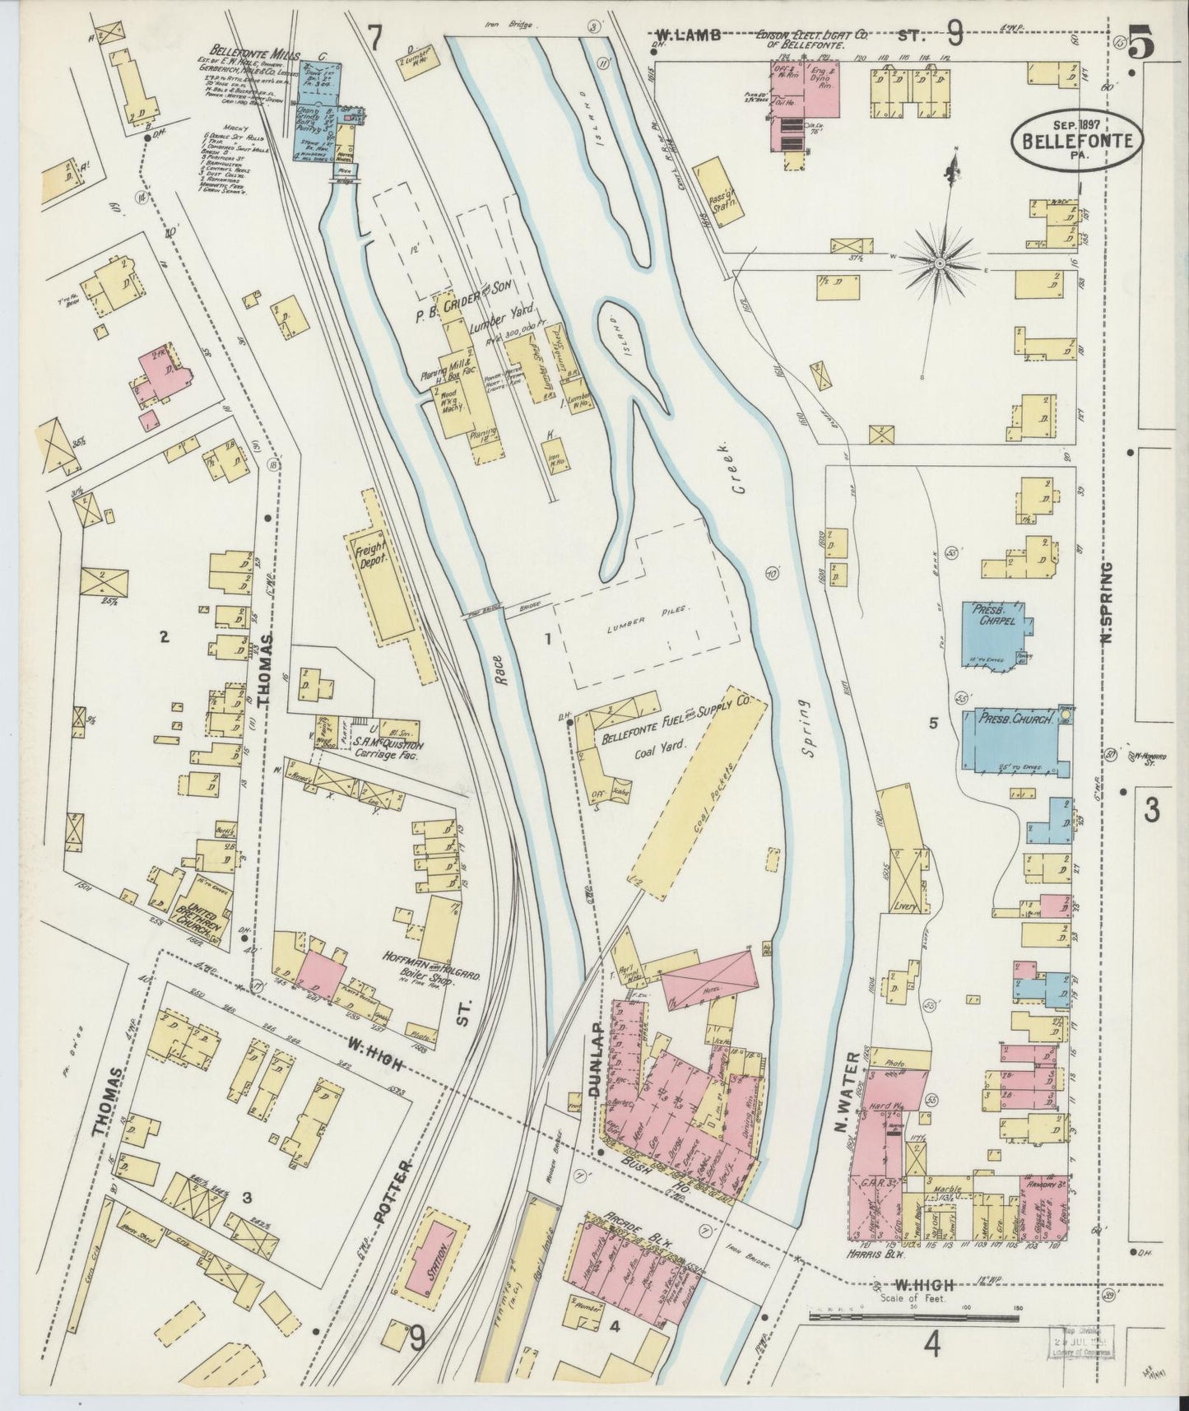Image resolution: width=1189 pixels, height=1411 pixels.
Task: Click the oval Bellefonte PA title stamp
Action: (1076, 139)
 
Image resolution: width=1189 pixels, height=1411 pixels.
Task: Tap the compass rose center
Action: (940, 263)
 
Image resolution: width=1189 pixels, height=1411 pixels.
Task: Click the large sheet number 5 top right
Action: (1140, 45)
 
